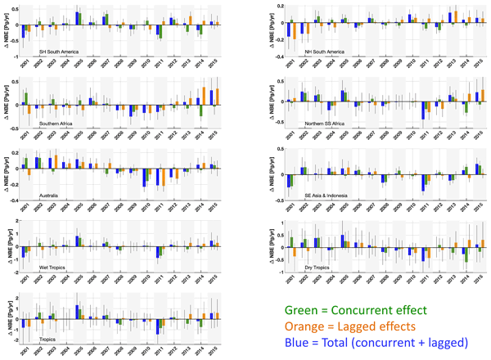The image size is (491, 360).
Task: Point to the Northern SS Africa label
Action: (x=325, y=124)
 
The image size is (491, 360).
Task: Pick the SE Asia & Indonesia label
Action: (x=327, y=195)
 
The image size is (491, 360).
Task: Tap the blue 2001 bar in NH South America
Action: (x=290, y=29)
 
